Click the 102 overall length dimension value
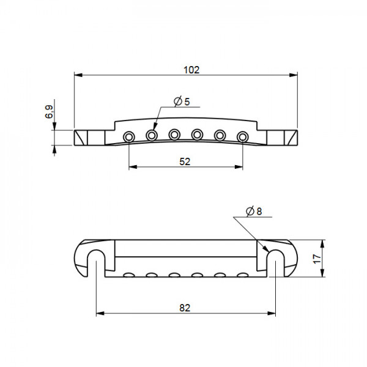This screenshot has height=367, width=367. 191,70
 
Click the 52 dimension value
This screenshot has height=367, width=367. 185,161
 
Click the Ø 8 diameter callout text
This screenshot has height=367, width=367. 253,212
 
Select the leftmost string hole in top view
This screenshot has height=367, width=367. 129,136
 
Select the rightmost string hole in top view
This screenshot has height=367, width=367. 243,136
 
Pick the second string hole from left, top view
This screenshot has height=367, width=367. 152,134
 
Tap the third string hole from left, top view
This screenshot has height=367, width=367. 174,133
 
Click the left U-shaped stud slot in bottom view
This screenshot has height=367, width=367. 96,259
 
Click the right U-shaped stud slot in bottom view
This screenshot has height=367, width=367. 275,259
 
